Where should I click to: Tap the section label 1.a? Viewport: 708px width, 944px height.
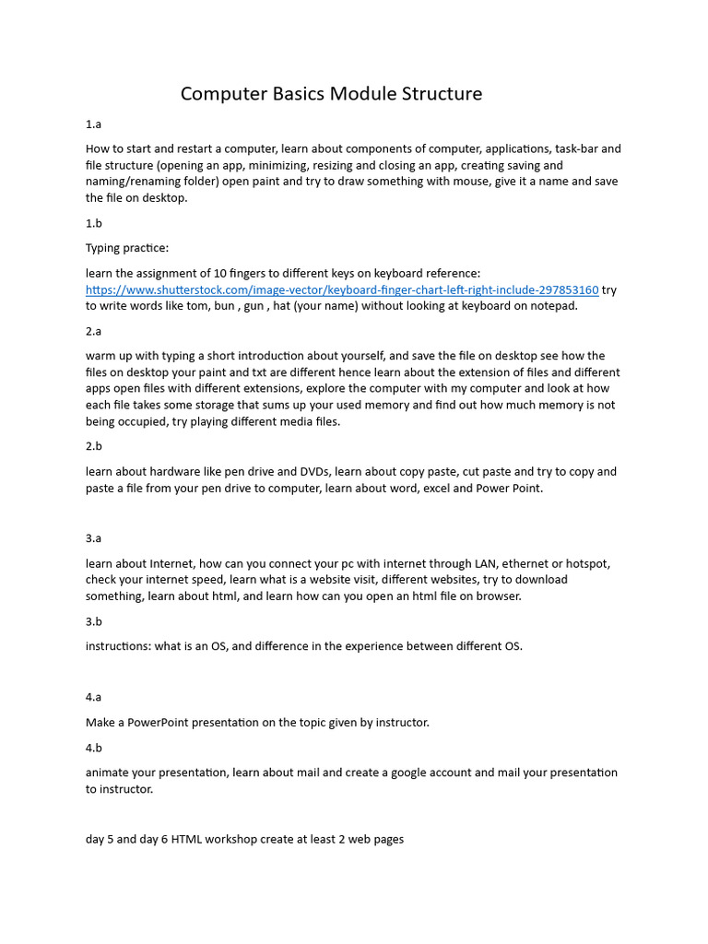93,124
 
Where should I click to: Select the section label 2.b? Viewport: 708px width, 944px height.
93,446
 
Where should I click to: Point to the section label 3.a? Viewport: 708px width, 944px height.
93,538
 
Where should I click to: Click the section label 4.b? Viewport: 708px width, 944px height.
93,748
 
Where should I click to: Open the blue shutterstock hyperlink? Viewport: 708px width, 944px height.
342,289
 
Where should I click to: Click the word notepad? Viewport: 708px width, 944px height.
553,306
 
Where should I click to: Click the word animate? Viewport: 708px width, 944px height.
109,773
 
